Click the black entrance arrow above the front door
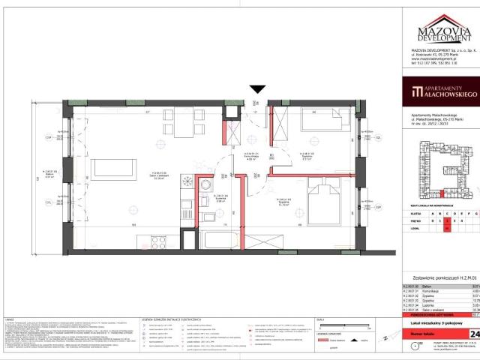click(x=258, y=89)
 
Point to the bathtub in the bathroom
click(x=220, y=243)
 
